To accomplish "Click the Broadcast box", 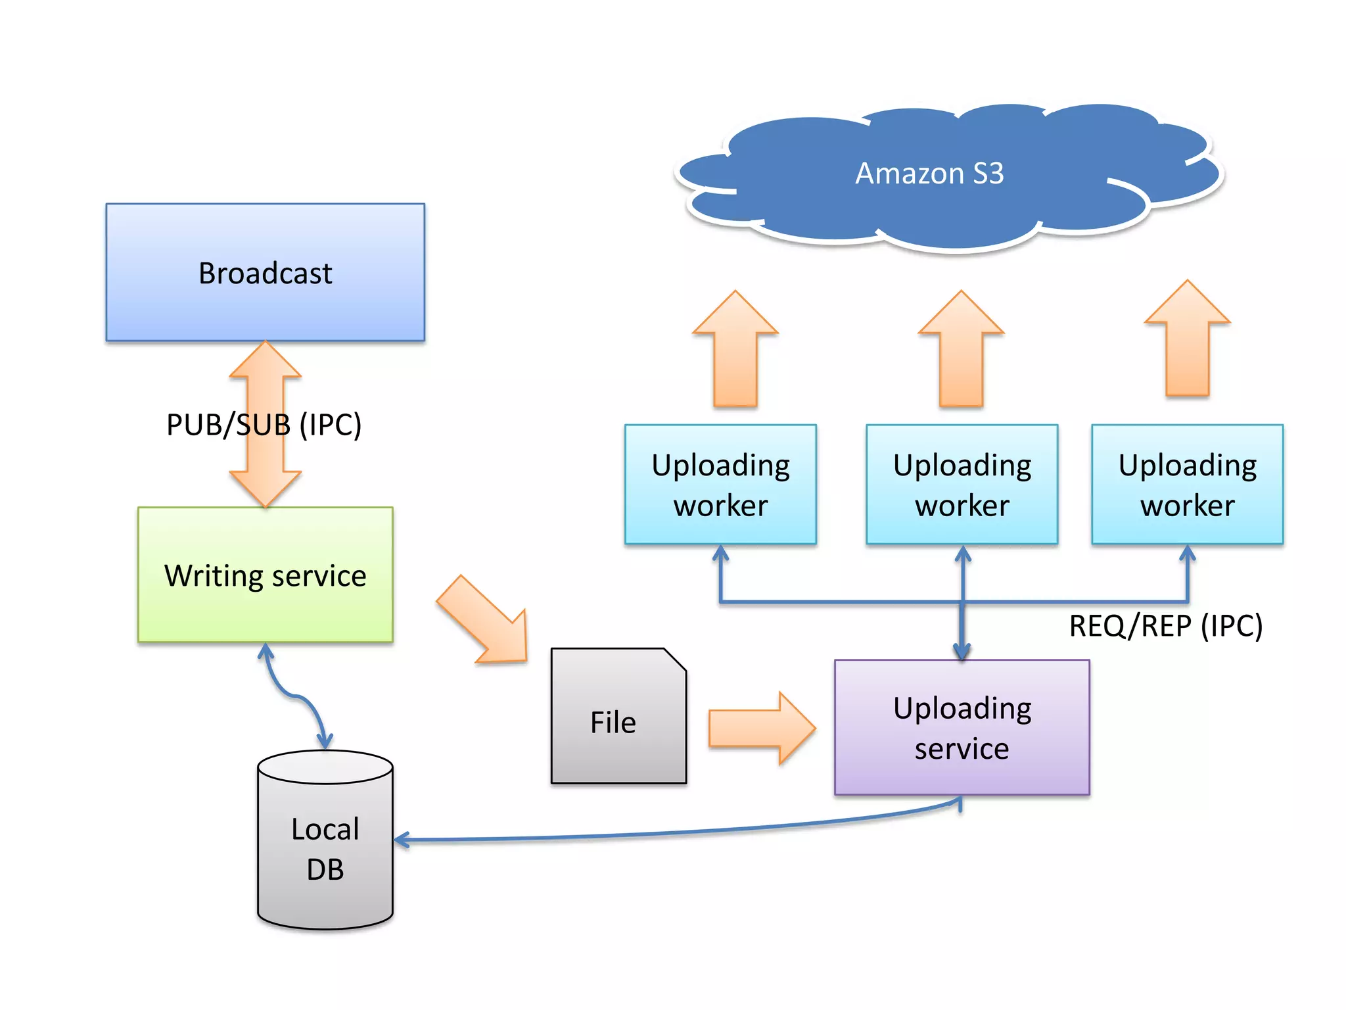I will pyautogui.click(x=265, y=272).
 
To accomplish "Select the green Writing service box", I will pyautogui.click(x=265, y=575).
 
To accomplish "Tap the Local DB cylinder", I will pyautogui.click(x=325, y=848).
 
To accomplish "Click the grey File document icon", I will pyautogui.click(x=613, y=722).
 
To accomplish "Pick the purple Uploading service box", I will pyautogui.click(x=962, y=727).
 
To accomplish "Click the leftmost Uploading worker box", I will pyautogui.click(x=720, y=485).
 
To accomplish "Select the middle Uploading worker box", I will pyautogui.click(x=962, y=485).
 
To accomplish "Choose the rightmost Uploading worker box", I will pyautogui.click(x=1187, y=485).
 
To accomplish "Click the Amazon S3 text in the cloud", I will pyautogui.click(x=929, y=174).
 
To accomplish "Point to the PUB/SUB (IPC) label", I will pyautogui.click(x=264, y=425).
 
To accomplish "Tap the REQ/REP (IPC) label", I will pyautogui.click(x=1165, y=625).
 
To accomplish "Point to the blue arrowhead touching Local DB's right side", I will pyautogui.click(x=401, y=840).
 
